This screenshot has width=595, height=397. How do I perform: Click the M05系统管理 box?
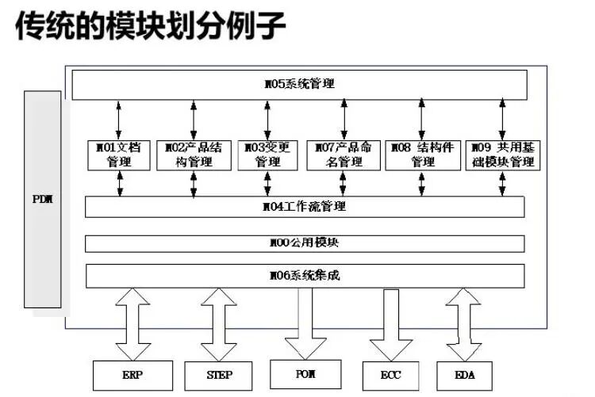tap(300, 85)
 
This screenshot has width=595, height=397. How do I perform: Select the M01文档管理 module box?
tap(117, 155)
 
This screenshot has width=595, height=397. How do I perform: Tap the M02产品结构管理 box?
tap(194, 155)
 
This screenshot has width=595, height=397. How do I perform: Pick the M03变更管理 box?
tap(267, 155)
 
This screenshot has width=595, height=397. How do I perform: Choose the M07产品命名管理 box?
tap(343, 155)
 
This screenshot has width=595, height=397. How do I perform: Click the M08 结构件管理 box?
tap(422, 155)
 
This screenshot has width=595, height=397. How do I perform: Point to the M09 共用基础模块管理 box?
tap(501, 155)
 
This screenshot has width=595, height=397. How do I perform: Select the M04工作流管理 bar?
tap(304, 207)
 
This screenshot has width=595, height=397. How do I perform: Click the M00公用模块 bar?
tap(304, 243)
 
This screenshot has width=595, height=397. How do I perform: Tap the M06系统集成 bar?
tap(304, 276)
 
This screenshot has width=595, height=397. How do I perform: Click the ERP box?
tap(132, 373)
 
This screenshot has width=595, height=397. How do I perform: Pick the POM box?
tap(306, 372)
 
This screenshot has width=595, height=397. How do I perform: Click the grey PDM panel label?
tap(42, 199)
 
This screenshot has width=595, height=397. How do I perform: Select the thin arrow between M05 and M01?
tap(118, 120)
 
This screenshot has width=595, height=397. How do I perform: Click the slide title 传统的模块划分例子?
tap(151, 26)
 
